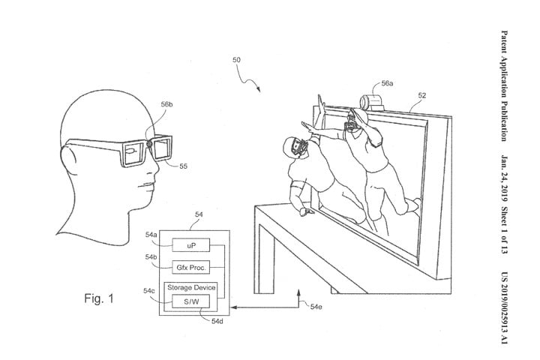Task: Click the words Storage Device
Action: [x=191, y=288]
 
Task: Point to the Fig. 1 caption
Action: [x=98, y=298]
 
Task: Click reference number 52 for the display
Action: [x=422, y=95]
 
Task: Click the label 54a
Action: [x=151, y=235]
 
